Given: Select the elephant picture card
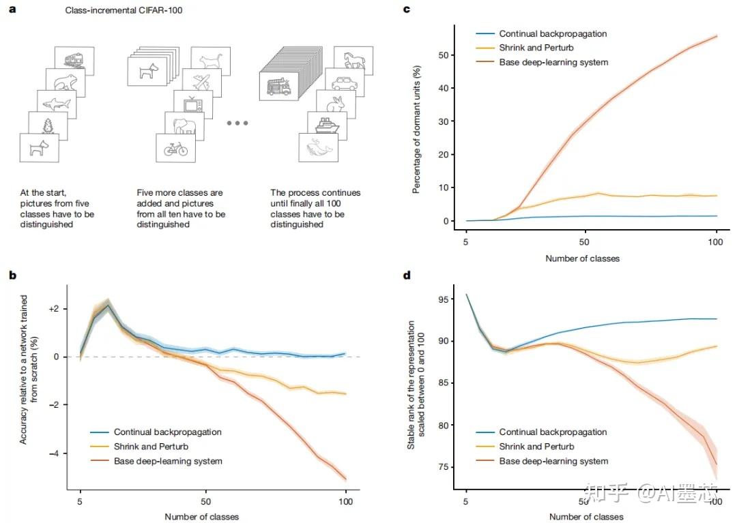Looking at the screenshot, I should coord(184,125).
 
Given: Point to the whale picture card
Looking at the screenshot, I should coord(319,147).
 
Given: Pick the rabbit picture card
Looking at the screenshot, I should coord(336,103).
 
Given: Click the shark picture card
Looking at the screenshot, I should coord(57,104).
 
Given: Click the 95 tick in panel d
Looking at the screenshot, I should coord(444,299).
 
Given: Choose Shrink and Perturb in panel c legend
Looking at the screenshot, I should coord(536,48).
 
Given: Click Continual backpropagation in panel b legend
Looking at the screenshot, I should coord(167,432).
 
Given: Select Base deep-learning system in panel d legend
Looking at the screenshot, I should coord(553,462).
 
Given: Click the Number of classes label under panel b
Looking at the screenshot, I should coord(202,517).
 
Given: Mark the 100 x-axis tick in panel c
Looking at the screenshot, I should coord(716,242).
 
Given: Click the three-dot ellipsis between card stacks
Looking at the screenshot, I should coord(237,123).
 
